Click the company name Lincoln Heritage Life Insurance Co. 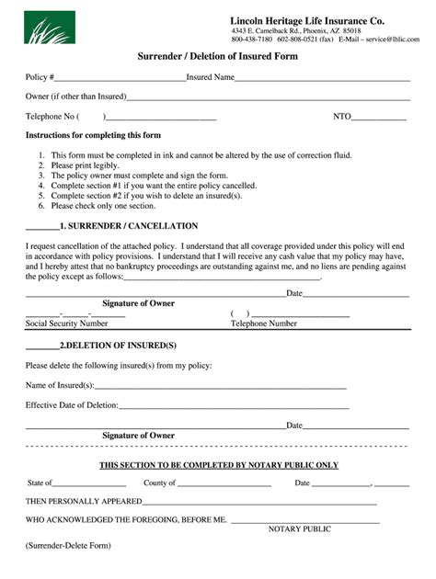307,20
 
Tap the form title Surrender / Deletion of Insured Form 217,57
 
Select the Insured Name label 211,77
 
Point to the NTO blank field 379,119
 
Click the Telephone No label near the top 50,117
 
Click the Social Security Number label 66,324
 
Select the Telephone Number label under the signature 263,324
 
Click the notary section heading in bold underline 219,465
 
